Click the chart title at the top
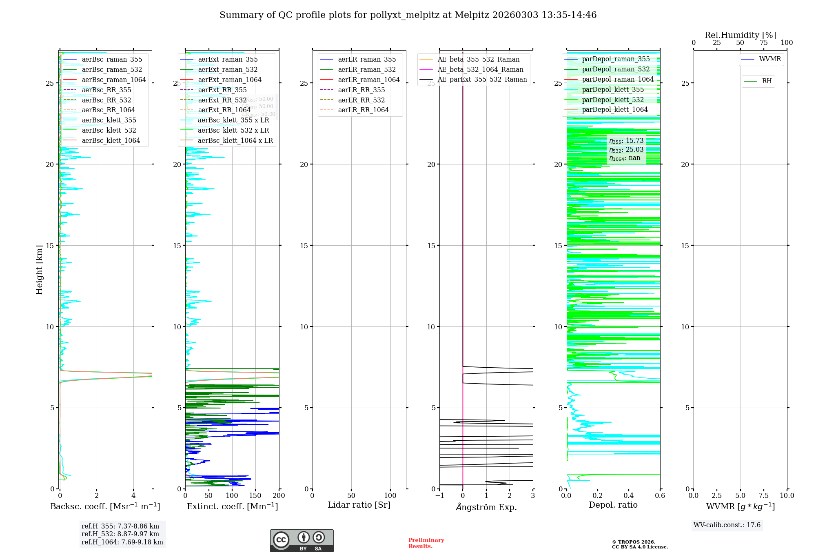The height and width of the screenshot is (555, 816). (408, 15)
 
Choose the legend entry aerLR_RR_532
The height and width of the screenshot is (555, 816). (361, 100)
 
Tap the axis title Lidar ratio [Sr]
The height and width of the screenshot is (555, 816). (359, 505)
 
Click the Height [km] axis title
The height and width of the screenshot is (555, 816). (39, 270)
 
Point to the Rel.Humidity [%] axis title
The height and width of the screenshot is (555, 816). (740, 35)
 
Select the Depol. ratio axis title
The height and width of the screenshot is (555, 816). (613, 505)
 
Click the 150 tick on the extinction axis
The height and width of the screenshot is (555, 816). (255, 496)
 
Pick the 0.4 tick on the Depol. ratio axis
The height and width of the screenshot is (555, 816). (629, 496)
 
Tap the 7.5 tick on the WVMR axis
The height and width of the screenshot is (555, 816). (764, 496)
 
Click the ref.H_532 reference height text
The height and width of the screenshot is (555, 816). (120, 534)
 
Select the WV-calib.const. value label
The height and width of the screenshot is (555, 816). (727, 525)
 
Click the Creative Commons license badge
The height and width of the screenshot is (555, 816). (302, 541)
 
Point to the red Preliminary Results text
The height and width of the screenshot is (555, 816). (426, 543)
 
